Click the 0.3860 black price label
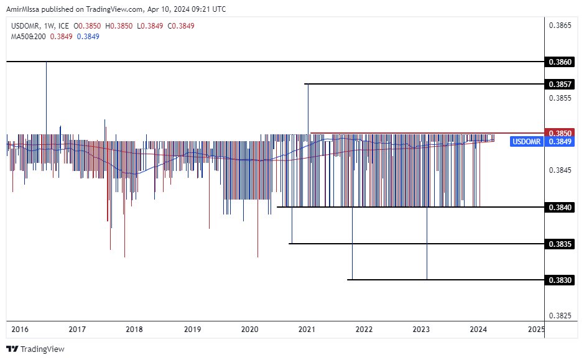(x=560, y=62)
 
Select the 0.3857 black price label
(x=560, y=84)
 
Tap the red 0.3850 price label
(x=560, y=133)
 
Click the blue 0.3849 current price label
(x=560, y=142)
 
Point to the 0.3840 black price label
(x=560, y=207)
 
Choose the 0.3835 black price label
(x=560, y=244)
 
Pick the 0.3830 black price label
(x=560, y=280)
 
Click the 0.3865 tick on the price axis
(x=560, y=25)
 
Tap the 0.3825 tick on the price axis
(x=560, y=316)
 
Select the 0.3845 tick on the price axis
(x=560, y=170)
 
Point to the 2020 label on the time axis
(x=249, y=329)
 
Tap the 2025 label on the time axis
(x=535, y=329)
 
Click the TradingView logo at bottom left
(x=35, y=349)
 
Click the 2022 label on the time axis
(x=364, y=329)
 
